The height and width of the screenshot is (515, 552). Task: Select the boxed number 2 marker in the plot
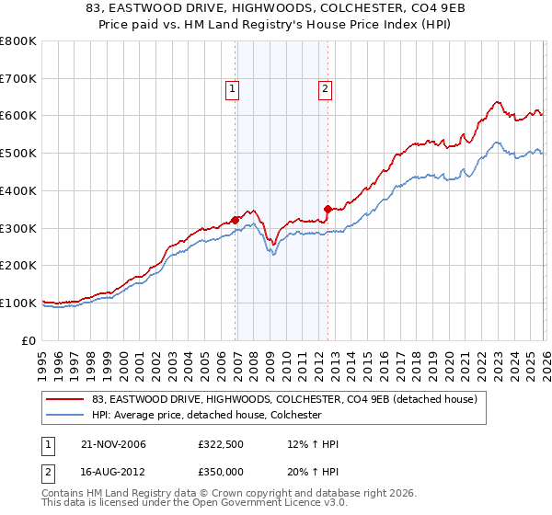326,89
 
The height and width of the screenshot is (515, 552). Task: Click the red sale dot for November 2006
236,220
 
